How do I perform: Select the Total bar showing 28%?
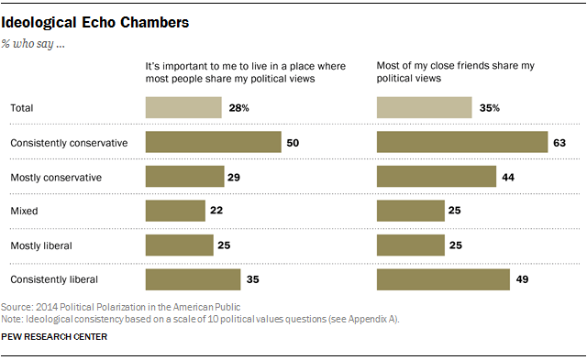pyautogui.click(x=183, y=108)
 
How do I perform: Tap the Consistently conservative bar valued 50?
pyautogui.click(x=213, y=142)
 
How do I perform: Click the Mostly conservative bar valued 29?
pyautogui.click(x=184, y=177)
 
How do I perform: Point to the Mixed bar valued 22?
pyautogui.click(x=175, y=211)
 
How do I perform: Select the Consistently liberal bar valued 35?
pyautogui.click(x=193, y=278)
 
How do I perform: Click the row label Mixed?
pyautogui.click(x=23, y=211)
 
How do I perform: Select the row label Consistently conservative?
pyautogui.click(x=69, y=143)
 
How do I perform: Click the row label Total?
pyautogui.click(x=22, y=108)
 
